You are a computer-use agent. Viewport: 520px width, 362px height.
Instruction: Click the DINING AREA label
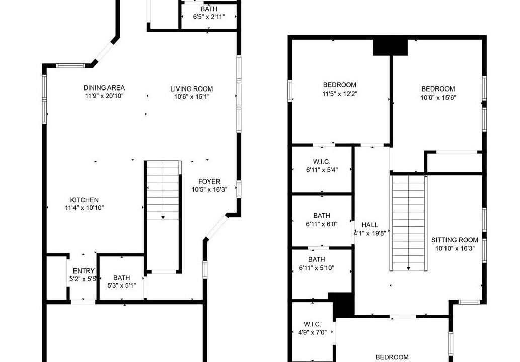(x=104, y=88)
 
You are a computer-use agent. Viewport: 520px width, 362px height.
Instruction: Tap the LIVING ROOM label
(x=191, y=89)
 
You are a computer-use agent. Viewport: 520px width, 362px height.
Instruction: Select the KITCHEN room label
(x=84, y=200)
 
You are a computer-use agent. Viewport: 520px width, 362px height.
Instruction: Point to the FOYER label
(x=209, y=182)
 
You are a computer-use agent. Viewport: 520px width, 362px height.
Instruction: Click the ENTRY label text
(x=84, y=271)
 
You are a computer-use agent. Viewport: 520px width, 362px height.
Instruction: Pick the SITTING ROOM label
(x=455, y=240)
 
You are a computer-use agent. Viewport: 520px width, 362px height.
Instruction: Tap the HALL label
(x=370, y=225)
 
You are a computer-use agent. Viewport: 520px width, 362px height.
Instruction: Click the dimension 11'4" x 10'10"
(x=85, y=208)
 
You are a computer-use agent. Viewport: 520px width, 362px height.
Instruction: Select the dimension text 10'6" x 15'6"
(x=438, y=98)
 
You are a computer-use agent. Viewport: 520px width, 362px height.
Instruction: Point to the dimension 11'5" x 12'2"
(x=340, y=94)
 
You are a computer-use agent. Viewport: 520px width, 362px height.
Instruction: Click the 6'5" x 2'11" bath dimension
(x=209, y=17)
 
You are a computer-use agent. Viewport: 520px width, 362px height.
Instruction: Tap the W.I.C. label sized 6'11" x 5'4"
(x=321, y=162)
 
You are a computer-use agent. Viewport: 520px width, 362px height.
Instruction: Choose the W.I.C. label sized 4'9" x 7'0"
(x=312, y=324)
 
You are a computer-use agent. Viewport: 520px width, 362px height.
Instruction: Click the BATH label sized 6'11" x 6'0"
(x=321, y=216)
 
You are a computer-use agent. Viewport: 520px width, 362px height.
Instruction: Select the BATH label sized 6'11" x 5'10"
(x=316, y=259)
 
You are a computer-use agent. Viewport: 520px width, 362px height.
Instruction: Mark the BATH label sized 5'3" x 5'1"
(x=122, y=278)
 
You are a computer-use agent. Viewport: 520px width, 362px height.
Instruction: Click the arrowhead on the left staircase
(x=163, y=217)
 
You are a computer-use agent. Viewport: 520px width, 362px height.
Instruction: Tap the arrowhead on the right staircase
(x=408, y=268)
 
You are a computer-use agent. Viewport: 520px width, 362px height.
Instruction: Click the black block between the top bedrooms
(x=390, y=47)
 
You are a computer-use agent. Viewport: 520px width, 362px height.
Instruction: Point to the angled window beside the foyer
(x=216, y=228)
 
